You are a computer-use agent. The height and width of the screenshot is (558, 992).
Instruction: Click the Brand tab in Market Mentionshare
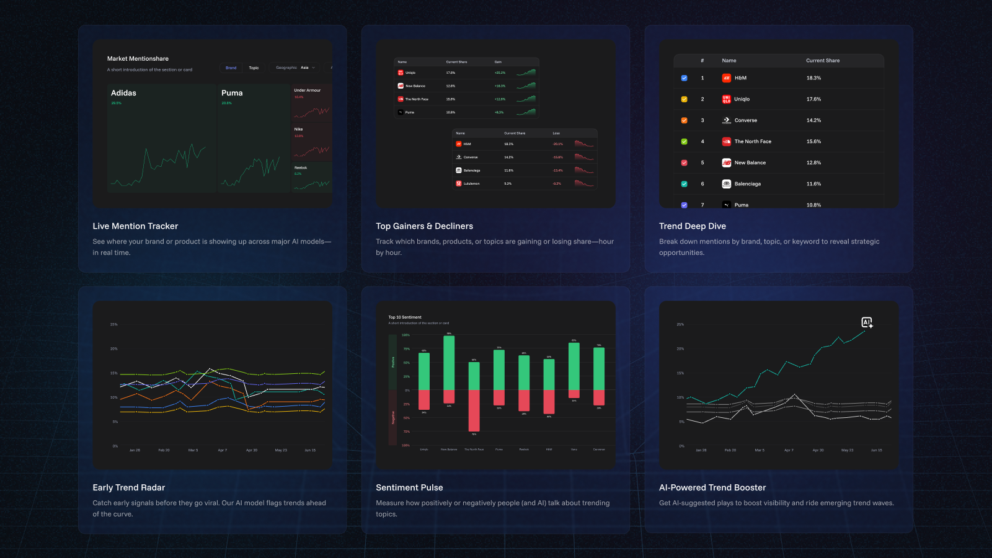[x=231, y=68]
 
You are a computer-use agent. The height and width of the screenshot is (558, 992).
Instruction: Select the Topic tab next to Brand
[x=254, y=68]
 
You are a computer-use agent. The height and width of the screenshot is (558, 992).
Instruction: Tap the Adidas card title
[x=123, y=93]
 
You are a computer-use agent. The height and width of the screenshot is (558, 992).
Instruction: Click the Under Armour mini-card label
[x=307, y=91]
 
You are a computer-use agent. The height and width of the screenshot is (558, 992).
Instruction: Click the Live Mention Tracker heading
[x=135, y=226]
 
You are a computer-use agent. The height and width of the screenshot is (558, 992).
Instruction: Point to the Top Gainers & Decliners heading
[x=424, y=226]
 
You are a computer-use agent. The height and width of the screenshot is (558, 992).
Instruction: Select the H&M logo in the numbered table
[x=727, y=78]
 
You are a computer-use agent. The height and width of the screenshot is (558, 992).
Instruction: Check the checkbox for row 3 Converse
[x=684, y=120]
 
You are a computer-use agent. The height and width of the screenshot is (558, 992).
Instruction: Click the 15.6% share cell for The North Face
[x=813, y=141]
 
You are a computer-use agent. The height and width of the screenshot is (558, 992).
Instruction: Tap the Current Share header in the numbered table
[x=823, y=61]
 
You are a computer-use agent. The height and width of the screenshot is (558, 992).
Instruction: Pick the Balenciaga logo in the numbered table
[x=727, y=184]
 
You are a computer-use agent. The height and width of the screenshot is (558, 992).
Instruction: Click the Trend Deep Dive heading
[x=693, y=226]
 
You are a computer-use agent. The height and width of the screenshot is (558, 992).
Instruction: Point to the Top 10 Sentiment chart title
[x=405, y=317]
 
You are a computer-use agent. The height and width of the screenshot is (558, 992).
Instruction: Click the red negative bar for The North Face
[x=474, y=410]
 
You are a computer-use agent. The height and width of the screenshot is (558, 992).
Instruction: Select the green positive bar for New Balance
[x=449, y=363]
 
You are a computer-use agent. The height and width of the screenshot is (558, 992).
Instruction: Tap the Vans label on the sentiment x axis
[x=574, y=449]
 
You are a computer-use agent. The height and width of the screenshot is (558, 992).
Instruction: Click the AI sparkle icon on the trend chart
[x=867, y=322]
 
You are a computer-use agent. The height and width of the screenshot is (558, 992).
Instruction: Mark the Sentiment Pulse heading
[x=409, y=488]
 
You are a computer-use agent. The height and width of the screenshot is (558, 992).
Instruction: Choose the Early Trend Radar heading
[x=129, y=488]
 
